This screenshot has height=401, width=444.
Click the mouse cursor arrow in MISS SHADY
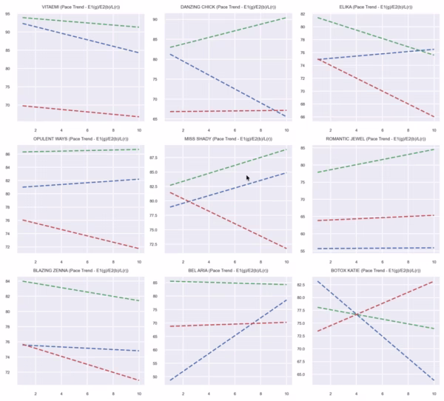(x=248, y=178)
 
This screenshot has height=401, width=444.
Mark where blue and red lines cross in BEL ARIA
(x=253, y=323)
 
